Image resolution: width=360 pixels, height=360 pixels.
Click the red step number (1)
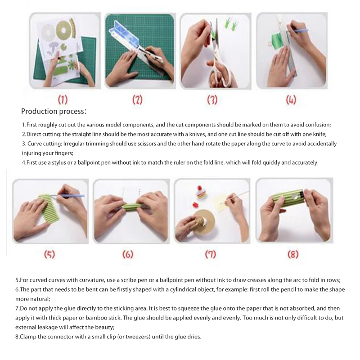tap(63, 100)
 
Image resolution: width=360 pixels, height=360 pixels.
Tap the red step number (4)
tap(291, 100)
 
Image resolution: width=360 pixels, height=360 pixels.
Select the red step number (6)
tap(128, 254)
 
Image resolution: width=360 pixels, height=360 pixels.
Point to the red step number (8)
tap(293, 254)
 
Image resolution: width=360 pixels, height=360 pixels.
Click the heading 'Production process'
tap(52, 111)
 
